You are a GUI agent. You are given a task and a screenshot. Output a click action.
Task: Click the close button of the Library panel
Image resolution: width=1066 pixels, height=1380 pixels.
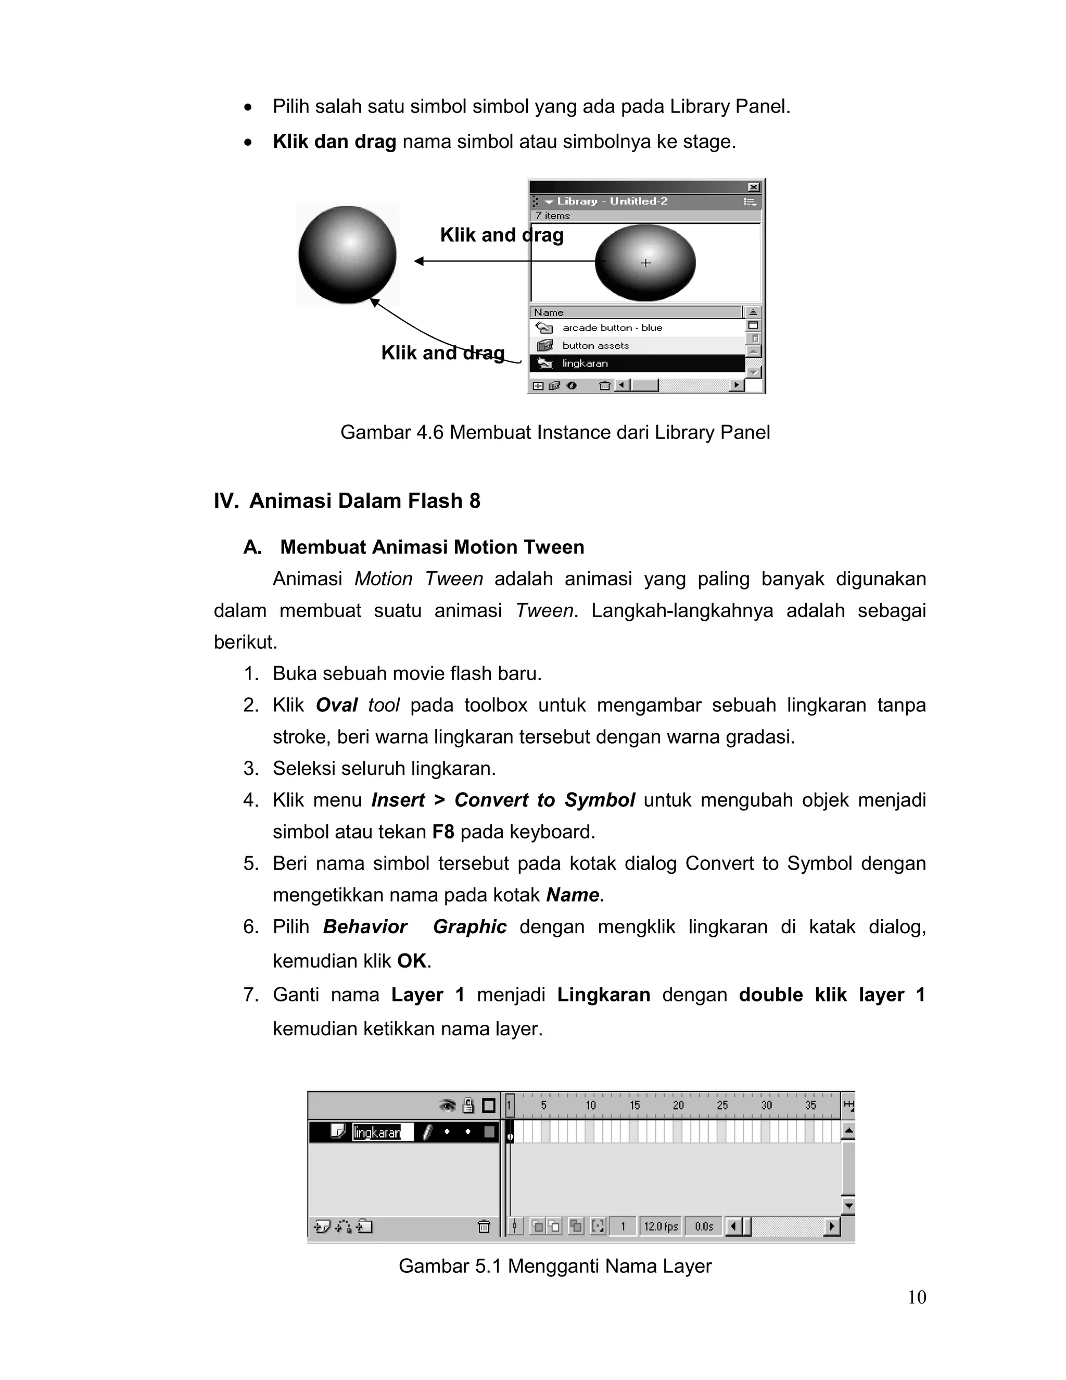[753, 187]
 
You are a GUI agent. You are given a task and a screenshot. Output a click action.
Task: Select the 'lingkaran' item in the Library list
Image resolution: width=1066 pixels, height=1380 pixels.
[585, 363]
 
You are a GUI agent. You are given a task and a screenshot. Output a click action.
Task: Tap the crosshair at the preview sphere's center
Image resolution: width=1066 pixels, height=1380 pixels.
[645, 263]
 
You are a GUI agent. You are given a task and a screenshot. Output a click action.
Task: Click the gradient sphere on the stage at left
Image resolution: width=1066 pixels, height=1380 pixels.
[347, 255]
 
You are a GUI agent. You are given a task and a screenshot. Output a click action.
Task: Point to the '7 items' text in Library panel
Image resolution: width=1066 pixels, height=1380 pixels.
[553, 216]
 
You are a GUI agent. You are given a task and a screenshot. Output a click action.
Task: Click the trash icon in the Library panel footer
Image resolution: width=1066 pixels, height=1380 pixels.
[604, 385]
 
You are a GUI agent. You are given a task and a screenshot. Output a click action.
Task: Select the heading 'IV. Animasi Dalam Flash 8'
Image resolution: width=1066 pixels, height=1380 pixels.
[347, 501]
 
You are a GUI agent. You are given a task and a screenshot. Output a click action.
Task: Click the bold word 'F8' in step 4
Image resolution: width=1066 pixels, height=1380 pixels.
[443, 832]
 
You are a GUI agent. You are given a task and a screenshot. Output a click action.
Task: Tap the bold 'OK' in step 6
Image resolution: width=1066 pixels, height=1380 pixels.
[412, 961]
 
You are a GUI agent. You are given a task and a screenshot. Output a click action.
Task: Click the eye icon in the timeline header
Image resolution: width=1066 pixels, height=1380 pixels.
[447, 1106]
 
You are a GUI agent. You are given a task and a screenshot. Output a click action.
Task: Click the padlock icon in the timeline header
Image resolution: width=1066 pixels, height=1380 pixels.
[468, 1106]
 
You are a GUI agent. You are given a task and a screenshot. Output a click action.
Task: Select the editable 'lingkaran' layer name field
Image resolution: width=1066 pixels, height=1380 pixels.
[382, 1132]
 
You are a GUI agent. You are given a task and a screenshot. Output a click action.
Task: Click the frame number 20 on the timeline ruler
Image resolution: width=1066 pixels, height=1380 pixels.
[678, 1106]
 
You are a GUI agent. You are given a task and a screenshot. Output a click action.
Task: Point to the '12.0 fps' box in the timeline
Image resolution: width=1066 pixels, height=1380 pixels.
[661, 1226]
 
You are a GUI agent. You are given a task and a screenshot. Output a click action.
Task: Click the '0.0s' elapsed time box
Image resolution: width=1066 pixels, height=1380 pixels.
[704, 1226]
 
